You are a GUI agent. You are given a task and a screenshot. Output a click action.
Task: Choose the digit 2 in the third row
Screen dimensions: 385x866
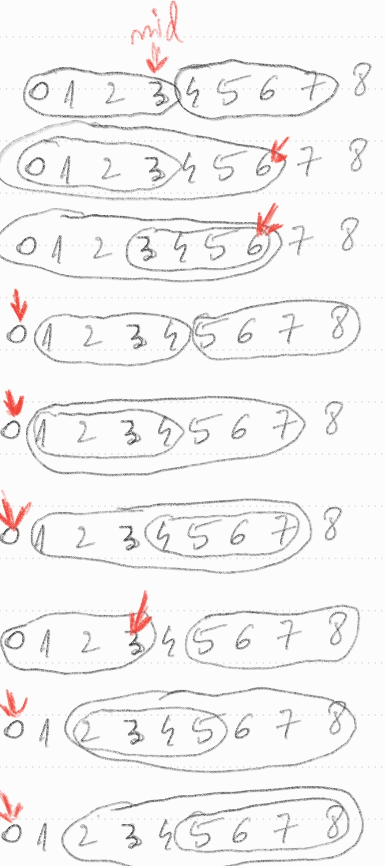point(101,247)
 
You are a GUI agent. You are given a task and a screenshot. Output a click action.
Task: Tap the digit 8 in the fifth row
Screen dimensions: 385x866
point(333,418)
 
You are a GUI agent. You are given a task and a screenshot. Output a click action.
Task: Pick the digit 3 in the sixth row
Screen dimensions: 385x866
point(131,538)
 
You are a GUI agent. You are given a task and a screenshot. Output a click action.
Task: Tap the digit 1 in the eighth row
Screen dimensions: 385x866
point(45,733)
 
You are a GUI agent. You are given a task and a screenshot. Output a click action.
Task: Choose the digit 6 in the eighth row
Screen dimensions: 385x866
point(242,728)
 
